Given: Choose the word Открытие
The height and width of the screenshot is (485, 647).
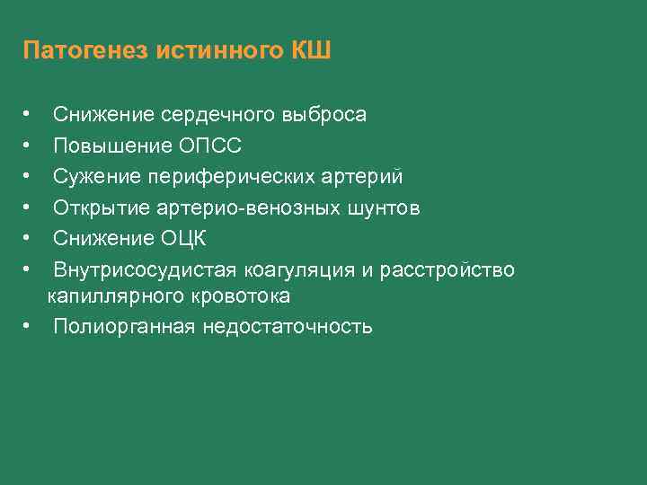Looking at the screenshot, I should pyautogui.click(x=94, y=208).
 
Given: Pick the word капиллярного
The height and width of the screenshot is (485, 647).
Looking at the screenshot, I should pyautogui.click(x=104, y=295).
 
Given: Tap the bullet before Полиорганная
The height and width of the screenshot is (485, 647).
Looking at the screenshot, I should pyautogui.click(x=29, y=326).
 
